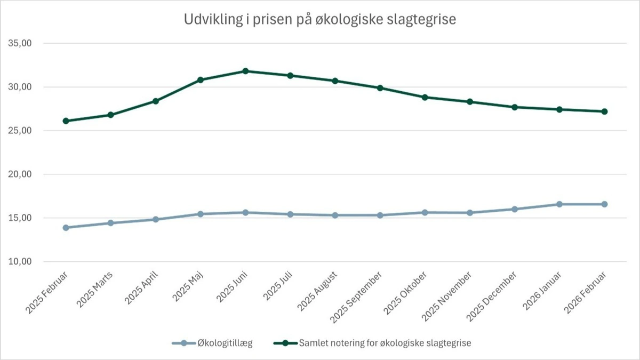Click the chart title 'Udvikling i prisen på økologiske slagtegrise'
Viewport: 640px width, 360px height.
[x=319, y=20]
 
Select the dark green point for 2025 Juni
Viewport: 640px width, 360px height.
[x=245, y=71]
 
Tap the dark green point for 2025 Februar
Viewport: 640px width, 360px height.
[x=66, y=121]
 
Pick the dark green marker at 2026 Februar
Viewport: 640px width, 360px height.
[x=604, y=111]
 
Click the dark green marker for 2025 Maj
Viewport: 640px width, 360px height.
[x=201, y=80]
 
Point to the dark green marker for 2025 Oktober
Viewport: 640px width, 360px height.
[x=425, y=98]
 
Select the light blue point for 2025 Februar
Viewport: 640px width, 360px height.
[x=66, y=228]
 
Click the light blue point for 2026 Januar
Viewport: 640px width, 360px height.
[x=559, y=204]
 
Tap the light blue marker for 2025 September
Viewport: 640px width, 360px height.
[x=380, y=215]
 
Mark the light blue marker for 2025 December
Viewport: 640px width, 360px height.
[x=515, y=209]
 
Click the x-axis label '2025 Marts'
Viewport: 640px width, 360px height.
[x=96, y=290]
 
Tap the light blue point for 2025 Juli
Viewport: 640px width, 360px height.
[x=290, y=214]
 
